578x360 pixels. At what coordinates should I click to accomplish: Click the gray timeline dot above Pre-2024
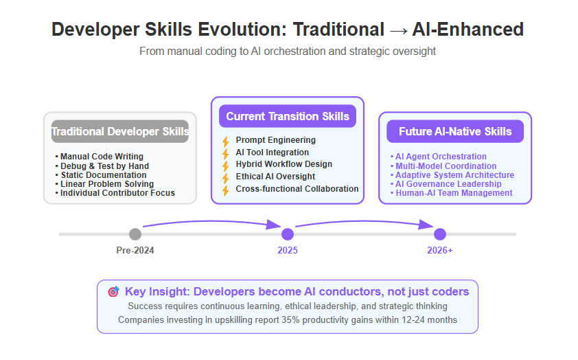click(x=135, y=234)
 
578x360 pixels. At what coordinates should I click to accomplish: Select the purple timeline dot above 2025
click(x=288, y=234)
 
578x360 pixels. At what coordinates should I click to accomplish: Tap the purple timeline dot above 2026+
click(x=440, y=234)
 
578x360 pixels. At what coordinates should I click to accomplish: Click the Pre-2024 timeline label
click(x=135, y=251)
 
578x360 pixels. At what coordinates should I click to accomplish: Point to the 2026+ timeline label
click(x=440, y=251)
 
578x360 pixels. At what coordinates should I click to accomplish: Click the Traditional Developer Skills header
click(x=120, y=131)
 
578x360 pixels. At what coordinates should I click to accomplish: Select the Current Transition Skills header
click(x=288, y=116)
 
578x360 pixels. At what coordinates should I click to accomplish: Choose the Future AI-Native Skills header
click(x=455, y=131)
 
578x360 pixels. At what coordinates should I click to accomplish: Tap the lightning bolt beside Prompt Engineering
click(x=226, y=142)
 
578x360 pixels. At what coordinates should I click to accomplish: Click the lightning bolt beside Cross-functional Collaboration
click(x=226, y=190)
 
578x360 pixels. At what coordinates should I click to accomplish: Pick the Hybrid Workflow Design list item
click(x=284, y=164)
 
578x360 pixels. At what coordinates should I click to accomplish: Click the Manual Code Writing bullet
click(x=99, y=157)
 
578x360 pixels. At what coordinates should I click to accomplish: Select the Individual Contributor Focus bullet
click(x=115, y=193)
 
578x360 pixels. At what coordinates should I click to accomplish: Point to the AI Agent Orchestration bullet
click(x=439, y=157)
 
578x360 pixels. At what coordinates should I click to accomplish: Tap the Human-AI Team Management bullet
click(x=452, y=193)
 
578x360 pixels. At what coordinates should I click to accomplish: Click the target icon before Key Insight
click(x=113, y=291)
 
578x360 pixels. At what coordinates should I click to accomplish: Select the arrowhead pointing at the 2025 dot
click(x=273, y=224)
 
